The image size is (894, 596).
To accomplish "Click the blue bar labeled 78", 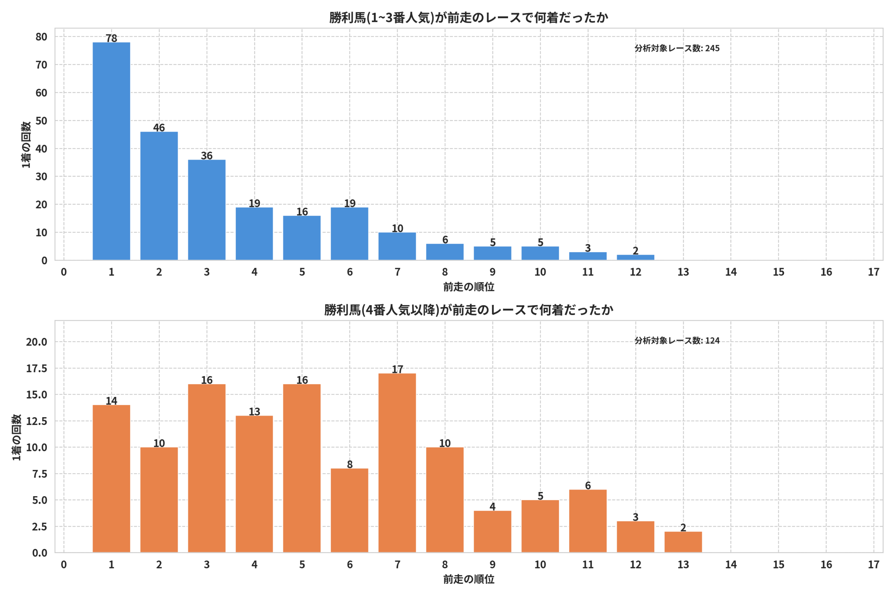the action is coord(111,151).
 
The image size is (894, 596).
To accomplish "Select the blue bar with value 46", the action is coord(159,196).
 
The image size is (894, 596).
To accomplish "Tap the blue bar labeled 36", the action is coord(207,210).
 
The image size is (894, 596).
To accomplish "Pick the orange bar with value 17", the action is coord(397,463).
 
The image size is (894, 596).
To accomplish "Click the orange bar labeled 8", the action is coord(350,510).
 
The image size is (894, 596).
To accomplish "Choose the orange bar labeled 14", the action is coord(111,479).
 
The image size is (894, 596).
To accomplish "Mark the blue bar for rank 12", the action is coord(636,257).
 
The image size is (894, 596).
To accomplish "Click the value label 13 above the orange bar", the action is coord(254,412).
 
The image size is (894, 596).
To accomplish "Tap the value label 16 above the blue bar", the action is coord(302,212).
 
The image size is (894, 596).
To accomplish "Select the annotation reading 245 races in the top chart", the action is coord(677,48).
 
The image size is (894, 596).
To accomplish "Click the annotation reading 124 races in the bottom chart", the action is coord(677,340).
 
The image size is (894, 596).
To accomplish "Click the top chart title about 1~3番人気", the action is coord(469,17).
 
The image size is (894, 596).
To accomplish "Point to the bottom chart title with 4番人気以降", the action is coord(469,310).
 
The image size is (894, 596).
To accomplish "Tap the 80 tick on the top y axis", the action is coord(42,37).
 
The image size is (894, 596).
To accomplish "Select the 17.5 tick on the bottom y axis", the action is coord(36,368).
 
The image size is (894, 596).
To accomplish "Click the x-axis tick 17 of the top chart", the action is coord(873,272).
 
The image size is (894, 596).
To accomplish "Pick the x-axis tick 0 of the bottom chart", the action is coord(64,565).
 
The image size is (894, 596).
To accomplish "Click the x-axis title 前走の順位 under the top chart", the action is coord(469,287).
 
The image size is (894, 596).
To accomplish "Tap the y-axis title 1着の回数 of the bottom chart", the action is coord(17,437).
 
